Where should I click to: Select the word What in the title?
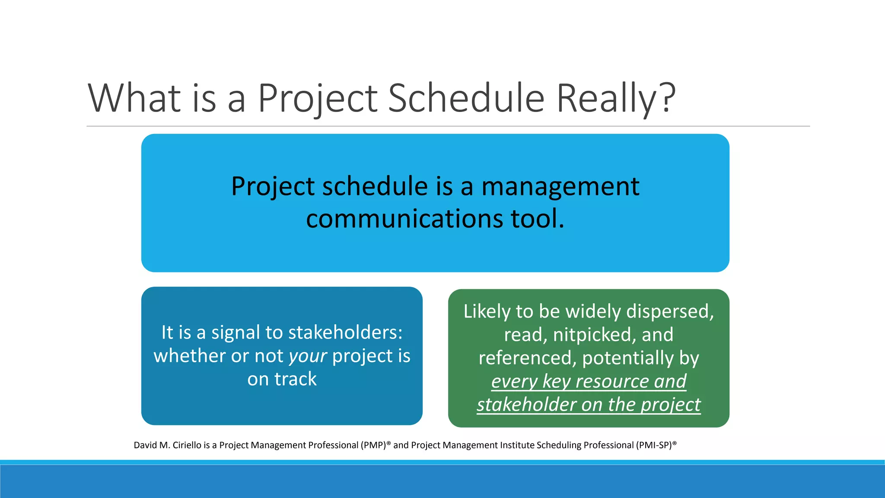click(x=134, y=99)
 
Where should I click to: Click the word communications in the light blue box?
click(x=404, y=219)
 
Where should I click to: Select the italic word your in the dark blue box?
click(x=307, y=356)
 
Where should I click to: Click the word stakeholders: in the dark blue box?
click(x=345, y=333)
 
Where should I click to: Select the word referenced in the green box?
click(x=527, y=358)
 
